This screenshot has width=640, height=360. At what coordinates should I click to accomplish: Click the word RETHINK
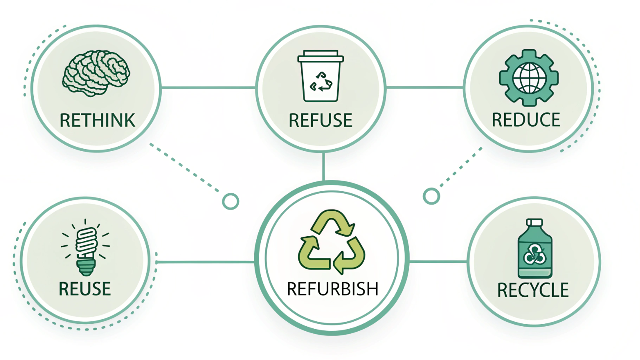coord(97,121)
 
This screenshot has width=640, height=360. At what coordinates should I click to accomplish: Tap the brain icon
coord(96,73)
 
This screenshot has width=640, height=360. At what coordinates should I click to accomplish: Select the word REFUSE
coord(320,121)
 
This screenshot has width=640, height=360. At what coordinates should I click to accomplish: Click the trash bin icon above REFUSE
coord(320,76)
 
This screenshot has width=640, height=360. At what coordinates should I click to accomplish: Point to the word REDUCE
coord(526,120)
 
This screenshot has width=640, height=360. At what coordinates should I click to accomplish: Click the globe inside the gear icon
coord(529,78)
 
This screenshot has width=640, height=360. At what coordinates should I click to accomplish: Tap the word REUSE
coord(85,289)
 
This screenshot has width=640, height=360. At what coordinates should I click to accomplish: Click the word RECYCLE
coord(533,290)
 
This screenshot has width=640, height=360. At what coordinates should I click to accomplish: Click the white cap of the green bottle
coord(535,222)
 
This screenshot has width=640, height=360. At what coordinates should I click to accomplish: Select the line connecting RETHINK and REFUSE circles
coord(208,88)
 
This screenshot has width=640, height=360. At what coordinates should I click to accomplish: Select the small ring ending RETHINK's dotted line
coord(230,201)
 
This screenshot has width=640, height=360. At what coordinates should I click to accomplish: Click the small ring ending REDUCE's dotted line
coord(431,196)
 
